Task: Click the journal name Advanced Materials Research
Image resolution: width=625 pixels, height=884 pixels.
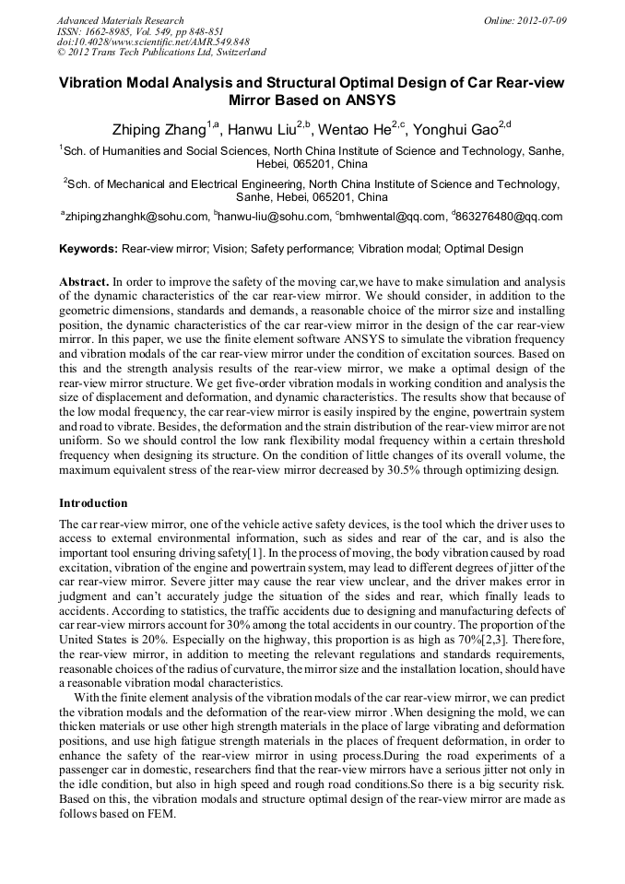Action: coord(121,20)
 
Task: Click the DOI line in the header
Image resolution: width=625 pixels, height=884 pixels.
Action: coord(153,42)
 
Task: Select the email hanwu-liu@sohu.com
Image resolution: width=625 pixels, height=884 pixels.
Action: coord(274,218)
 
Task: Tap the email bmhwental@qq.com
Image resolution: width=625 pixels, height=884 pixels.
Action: coord(393,218)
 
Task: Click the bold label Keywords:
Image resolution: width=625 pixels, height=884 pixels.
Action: coord(88,249)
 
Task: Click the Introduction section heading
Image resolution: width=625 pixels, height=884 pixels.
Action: coord(93,503)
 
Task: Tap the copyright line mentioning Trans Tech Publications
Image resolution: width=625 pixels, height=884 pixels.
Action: coord(161,53)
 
